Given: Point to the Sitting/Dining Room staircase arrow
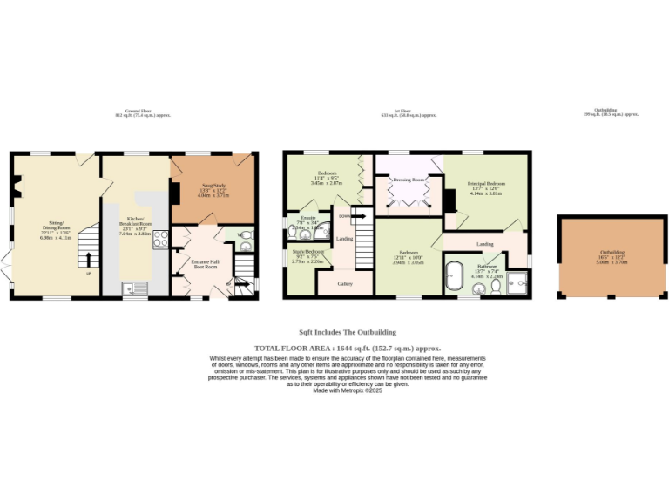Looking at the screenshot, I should (x=87, y=257).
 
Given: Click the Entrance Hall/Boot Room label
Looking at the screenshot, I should (x=206, y=263).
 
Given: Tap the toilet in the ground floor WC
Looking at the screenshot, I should (x=244, y=235).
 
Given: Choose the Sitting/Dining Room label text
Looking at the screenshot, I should (x=54, y=227).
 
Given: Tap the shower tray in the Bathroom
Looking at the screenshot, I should (x=517, y=282).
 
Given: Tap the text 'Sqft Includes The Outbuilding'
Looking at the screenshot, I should (x=348, y=332).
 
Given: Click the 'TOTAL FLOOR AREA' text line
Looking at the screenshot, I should (x=348, y=348).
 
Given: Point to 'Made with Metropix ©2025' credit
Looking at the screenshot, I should (x=348, y=390).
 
